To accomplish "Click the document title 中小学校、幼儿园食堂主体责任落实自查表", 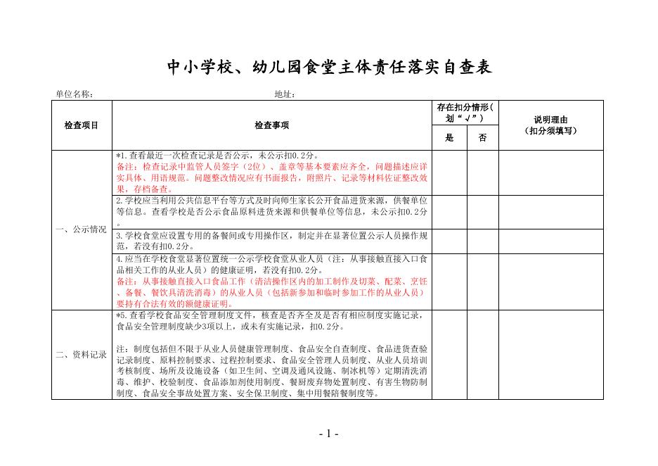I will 328,68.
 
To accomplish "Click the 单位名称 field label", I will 75,94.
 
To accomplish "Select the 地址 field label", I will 285,94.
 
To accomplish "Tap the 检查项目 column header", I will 82,125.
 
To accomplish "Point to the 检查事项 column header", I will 272,125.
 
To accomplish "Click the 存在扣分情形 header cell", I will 465,113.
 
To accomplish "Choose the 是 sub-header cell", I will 450,138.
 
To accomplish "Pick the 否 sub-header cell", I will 483,138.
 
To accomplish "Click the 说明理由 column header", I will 551,125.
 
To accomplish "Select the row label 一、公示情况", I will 82,229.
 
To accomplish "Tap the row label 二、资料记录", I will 82,355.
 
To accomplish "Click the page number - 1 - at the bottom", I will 328,434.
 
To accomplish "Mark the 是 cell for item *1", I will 450,172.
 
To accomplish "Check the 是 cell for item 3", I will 450,241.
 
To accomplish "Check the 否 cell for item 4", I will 483,281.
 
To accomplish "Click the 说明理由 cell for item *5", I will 551,355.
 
